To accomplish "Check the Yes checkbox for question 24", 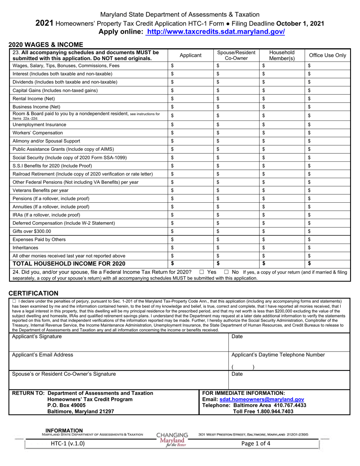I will (x=202, y=272).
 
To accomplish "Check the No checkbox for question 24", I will (x=226, y=272).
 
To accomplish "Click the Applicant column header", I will (x=190, y=55).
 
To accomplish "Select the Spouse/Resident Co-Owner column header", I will (x=236, y=55).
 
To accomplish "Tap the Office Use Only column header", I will (x=327, y=55).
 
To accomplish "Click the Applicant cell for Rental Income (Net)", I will (x=190, y=99).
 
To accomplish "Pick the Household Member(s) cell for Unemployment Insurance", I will (x=282, y=125).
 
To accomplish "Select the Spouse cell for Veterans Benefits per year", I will (x=236, y=190).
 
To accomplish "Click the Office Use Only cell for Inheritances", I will (x=327, y=247).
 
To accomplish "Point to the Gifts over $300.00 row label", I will (x=32, y=231).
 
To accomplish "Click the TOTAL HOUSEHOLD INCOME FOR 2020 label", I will (x=69, y=264).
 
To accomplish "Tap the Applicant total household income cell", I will (x=190, y=264).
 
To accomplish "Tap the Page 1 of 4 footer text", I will (x=256, y=444).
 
